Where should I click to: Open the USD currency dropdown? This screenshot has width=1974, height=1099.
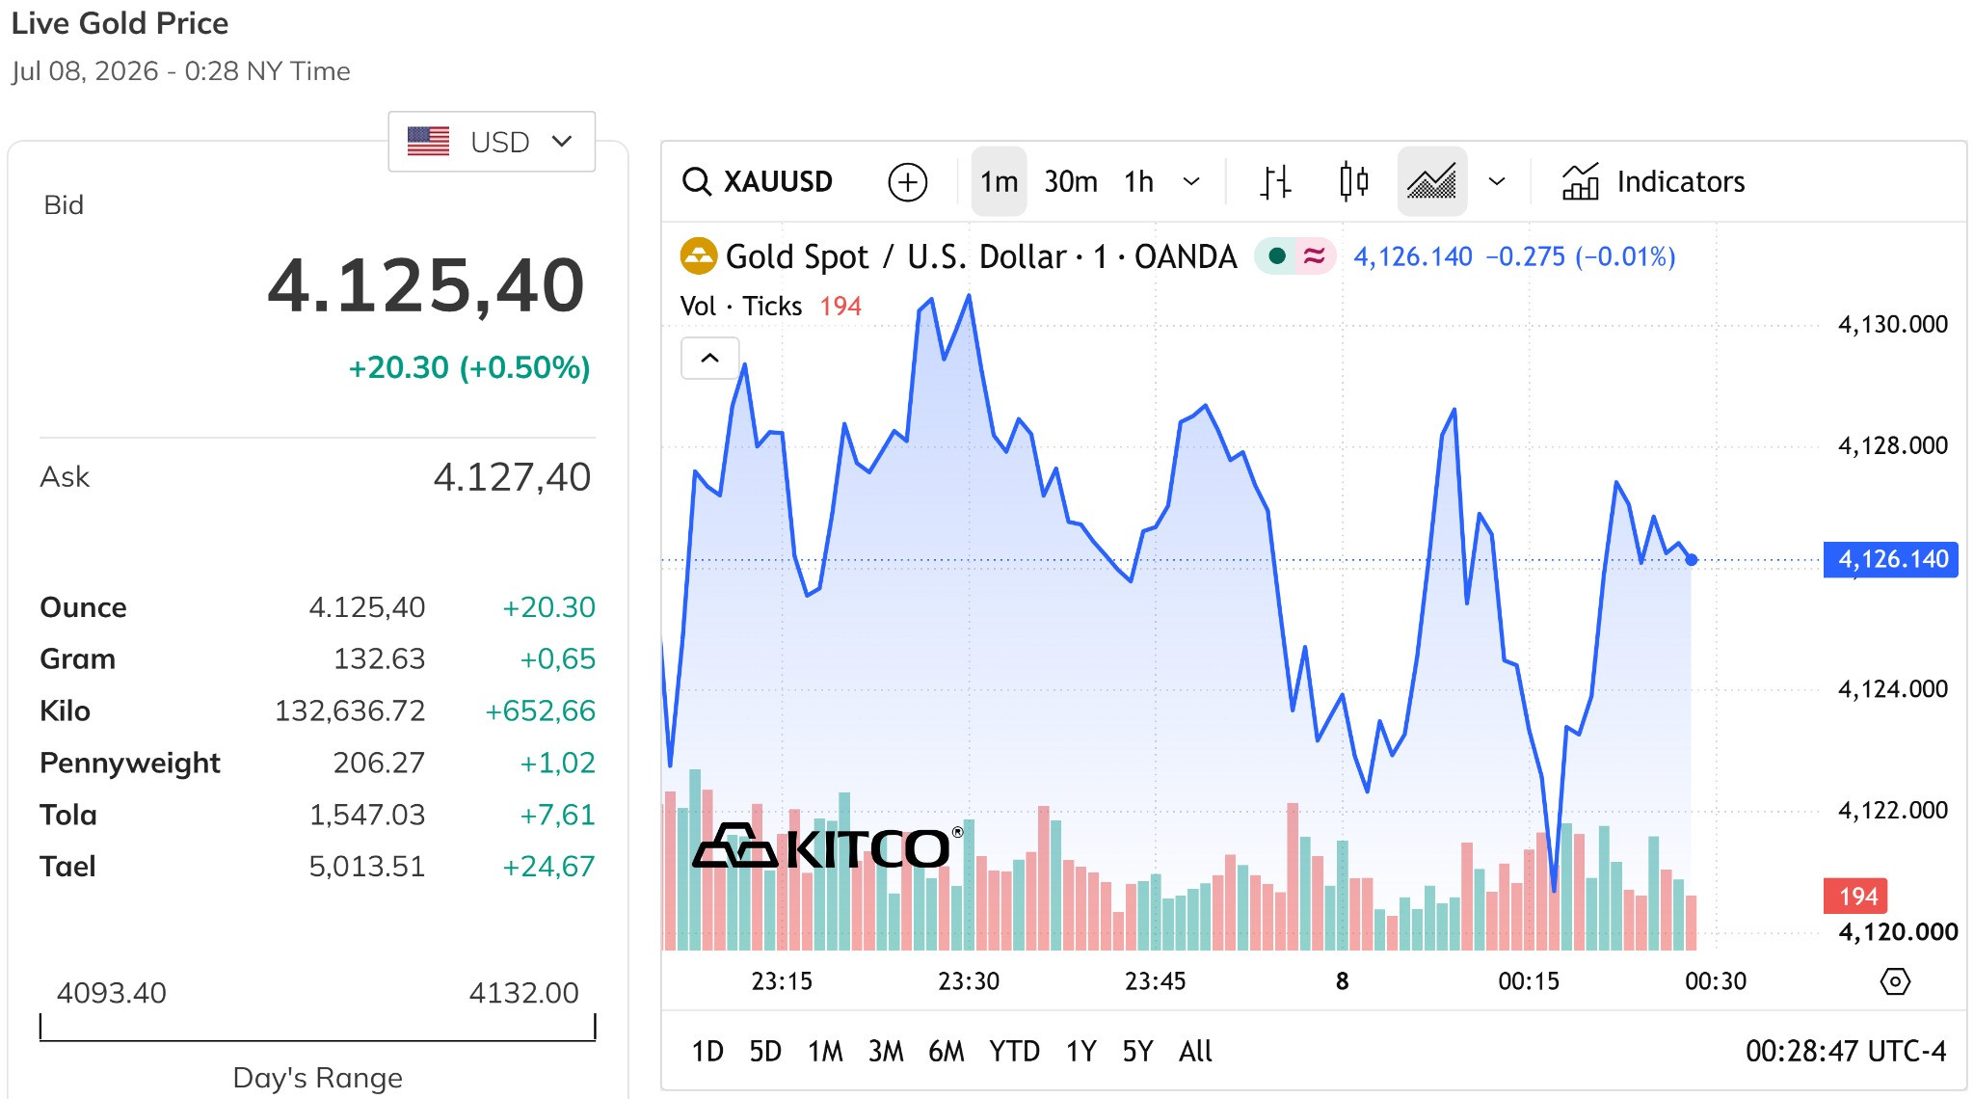coord(492,142)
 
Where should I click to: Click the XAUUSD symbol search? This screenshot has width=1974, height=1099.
coord(758,181)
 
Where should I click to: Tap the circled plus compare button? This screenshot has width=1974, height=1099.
coord(907,181)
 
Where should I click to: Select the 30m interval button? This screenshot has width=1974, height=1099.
coord(1071,181)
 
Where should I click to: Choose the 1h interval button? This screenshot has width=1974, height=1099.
coord(1138,181)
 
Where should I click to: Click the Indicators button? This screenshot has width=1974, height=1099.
coord(1653,181)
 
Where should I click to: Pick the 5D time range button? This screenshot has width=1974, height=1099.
coord(765,1051)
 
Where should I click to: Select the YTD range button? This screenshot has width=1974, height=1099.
coord(1014,1051)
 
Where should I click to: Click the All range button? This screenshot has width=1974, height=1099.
coord(1195,1051)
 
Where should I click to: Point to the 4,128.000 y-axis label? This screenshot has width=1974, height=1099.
coord(1893,445)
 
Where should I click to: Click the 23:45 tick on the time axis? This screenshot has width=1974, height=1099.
coord(1155,981)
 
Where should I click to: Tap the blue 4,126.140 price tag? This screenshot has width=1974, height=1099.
coord(1891,559)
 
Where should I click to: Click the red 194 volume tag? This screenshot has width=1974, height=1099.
coord(1855,897)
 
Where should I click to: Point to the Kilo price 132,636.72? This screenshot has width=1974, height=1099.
coord(350,710)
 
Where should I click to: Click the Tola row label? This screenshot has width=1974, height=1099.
coord(68,815)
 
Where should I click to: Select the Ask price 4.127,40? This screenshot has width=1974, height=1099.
coord(512,477)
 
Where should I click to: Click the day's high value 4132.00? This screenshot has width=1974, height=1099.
coord(523,992)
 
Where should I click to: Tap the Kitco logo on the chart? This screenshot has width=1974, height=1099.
coord(827,847)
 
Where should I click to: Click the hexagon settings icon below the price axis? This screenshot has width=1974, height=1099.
coord(1895,981)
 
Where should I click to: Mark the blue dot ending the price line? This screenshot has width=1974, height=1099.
coord(1692,559)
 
